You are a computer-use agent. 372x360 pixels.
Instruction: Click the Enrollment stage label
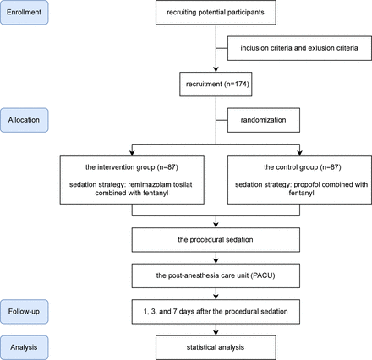tap(25, 13)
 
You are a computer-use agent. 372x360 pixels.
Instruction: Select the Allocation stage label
tap(25, 120)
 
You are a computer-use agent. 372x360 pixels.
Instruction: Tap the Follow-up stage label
tap(25, 312)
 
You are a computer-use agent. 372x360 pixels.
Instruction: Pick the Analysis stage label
tap(25, 347)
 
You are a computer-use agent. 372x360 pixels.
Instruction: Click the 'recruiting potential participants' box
tap(216, 13)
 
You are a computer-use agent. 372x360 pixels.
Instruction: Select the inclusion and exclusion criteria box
tap(299, 48)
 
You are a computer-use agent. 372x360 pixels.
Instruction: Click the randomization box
tap(264, 120)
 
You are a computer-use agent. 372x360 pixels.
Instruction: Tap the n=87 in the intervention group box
tap(167, 167)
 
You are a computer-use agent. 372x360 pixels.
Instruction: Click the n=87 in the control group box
tap(331, 167)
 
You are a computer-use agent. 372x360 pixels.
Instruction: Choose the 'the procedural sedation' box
tap(216, 240)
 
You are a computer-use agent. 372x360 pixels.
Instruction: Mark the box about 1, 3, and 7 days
tap(216, 312)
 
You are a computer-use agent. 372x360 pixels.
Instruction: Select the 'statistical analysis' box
tap(216, 347)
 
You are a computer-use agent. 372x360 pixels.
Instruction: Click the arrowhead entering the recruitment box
tap(216, 69)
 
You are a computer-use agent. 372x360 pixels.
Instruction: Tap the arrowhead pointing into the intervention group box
tap(132, 153)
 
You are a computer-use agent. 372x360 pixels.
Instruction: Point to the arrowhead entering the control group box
tap(299, 153)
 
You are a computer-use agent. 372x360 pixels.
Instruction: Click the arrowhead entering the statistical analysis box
tap(216, 333)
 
